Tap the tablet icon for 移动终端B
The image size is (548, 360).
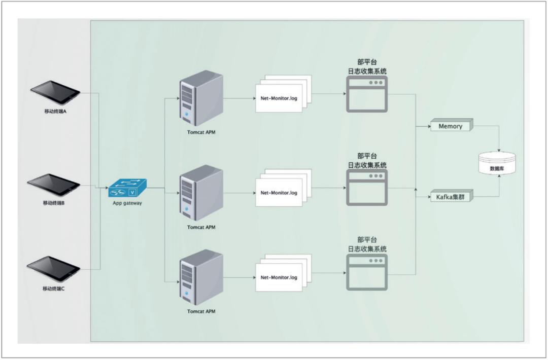click(x=55, y=186)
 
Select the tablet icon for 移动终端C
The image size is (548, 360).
click(x=55, y=269)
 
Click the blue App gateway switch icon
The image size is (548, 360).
click(x=127, y=189)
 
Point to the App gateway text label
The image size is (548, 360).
click(x=127, y=204)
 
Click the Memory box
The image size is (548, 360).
click(x=451, y=125)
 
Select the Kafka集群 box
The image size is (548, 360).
click(x=451, y=196)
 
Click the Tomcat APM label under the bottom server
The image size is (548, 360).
click(x=201, y=311)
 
